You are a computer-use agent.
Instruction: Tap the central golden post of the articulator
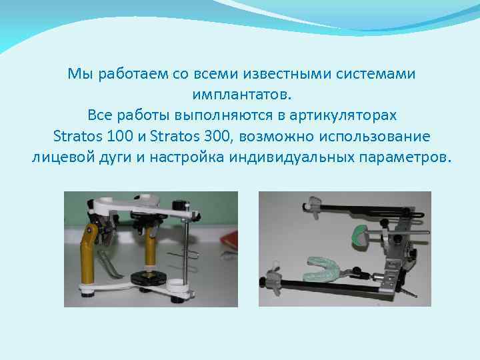(x=151, y=253)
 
